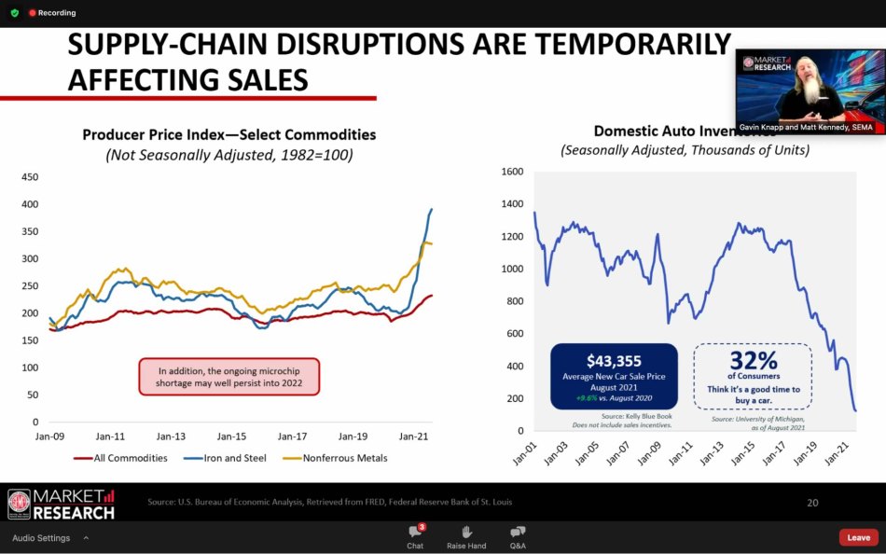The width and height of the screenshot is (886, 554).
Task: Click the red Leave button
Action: point(858,537)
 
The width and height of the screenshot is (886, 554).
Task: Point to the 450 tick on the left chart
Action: point(30,177)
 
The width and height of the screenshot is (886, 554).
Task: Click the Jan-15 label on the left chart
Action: point(231,436)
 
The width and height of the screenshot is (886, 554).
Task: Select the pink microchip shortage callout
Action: point(229,376)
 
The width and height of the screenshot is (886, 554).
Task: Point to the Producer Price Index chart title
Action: point(229,135)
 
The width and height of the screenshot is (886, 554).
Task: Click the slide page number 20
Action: point(812,503)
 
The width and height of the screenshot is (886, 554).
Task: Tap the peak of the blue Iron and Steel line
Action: point(432,209)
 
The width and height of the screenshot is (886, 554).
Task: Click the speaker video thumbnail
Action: point(810,91)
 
